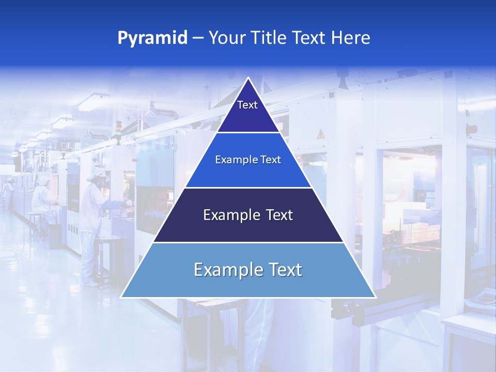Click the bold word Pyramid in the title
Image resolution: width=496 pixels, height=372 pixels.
[x=152, y=38]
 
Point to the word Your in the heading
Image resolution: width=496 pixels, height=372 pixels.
[x=228, y=38]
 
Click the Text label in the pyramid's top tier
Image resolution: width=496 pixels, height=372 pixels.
[x=247, y=105]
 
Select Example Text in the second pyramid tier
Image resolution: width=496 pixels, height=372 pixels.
[x=248, y=160]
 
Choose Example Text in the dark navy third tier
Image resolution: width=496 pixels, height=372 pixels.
[x=248, y=215]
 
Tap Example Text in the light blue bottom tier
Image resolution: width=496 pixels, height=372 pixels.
[x=248, y=270]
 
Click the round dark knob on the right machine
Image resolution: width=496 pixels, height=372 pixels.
[x=471, y=129]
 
